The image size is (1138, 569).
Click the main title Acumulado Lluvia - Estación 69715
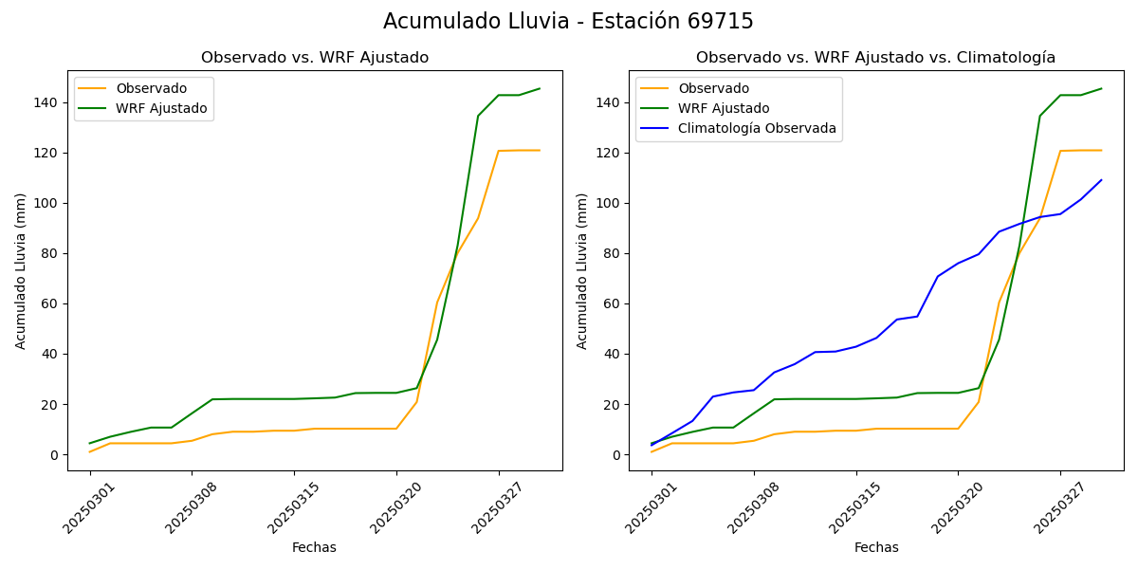click(x=568, y=21)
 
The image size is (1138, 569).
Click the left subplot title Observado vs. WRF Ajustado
click(x=314, y=58)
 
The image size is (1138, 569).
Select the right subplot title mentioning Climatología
click(x=875, y=58)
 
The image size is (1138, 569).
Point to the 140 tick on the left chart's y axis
click(x=47, y=102)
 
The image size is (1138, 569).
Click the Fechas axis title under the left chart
click(x=314, y=547)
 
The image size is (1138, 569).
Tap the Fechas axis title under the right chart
click(x=876, y=547)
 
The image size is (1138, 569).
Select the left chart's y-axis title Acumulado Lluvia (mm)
click(x=21, y=270)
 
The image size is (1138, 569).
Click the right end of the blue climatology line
click(x=1101, y=180)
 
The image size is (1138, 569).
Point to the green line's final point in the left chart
click(x=540, y=89)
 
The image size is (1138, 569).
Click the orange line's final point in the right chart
click(x=1101, y=150)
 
